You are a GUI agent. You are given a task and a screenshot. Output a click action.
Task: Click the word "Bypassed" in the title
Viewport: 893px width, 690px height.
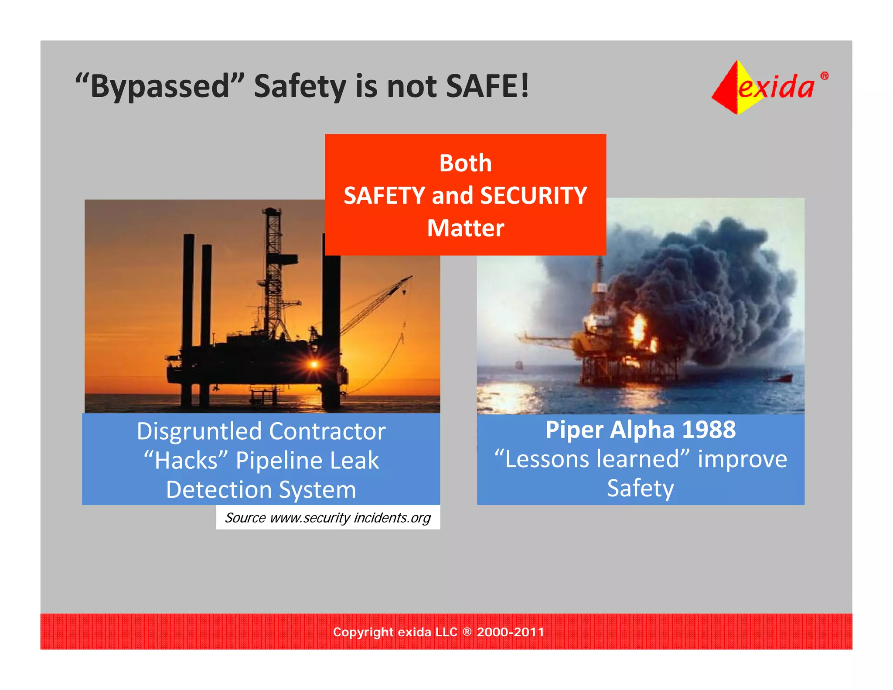pyautogui.click(x=160, y=86)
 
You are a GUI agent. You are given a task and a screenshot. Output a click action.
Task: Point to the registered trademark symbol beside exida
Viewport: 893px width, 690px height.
pyautogui.click(x=824, y=76)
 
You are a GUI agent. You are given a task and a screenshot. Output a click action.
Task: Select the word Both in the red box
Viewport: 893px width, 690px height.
pyautogui.click(x=465, y=163)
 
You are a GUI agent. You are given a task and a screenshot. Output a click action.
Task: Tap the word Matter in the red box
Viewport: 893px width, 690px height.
pyautogui.click(x=465, y=228)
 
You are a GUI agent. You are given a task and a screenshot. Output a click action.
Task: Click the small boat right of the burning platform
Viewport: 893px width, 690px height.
pyautogui.click(x=782, y=378)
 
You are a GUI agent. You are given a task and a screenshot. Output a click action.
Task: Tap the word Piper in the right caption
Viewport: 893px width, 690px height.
pyautogui.click(x=574, y=430)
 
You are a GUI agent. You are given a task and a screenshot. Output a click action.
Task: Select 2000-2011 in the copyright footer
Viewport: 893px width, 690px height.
pyautogui.click(x=510, y=632)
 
